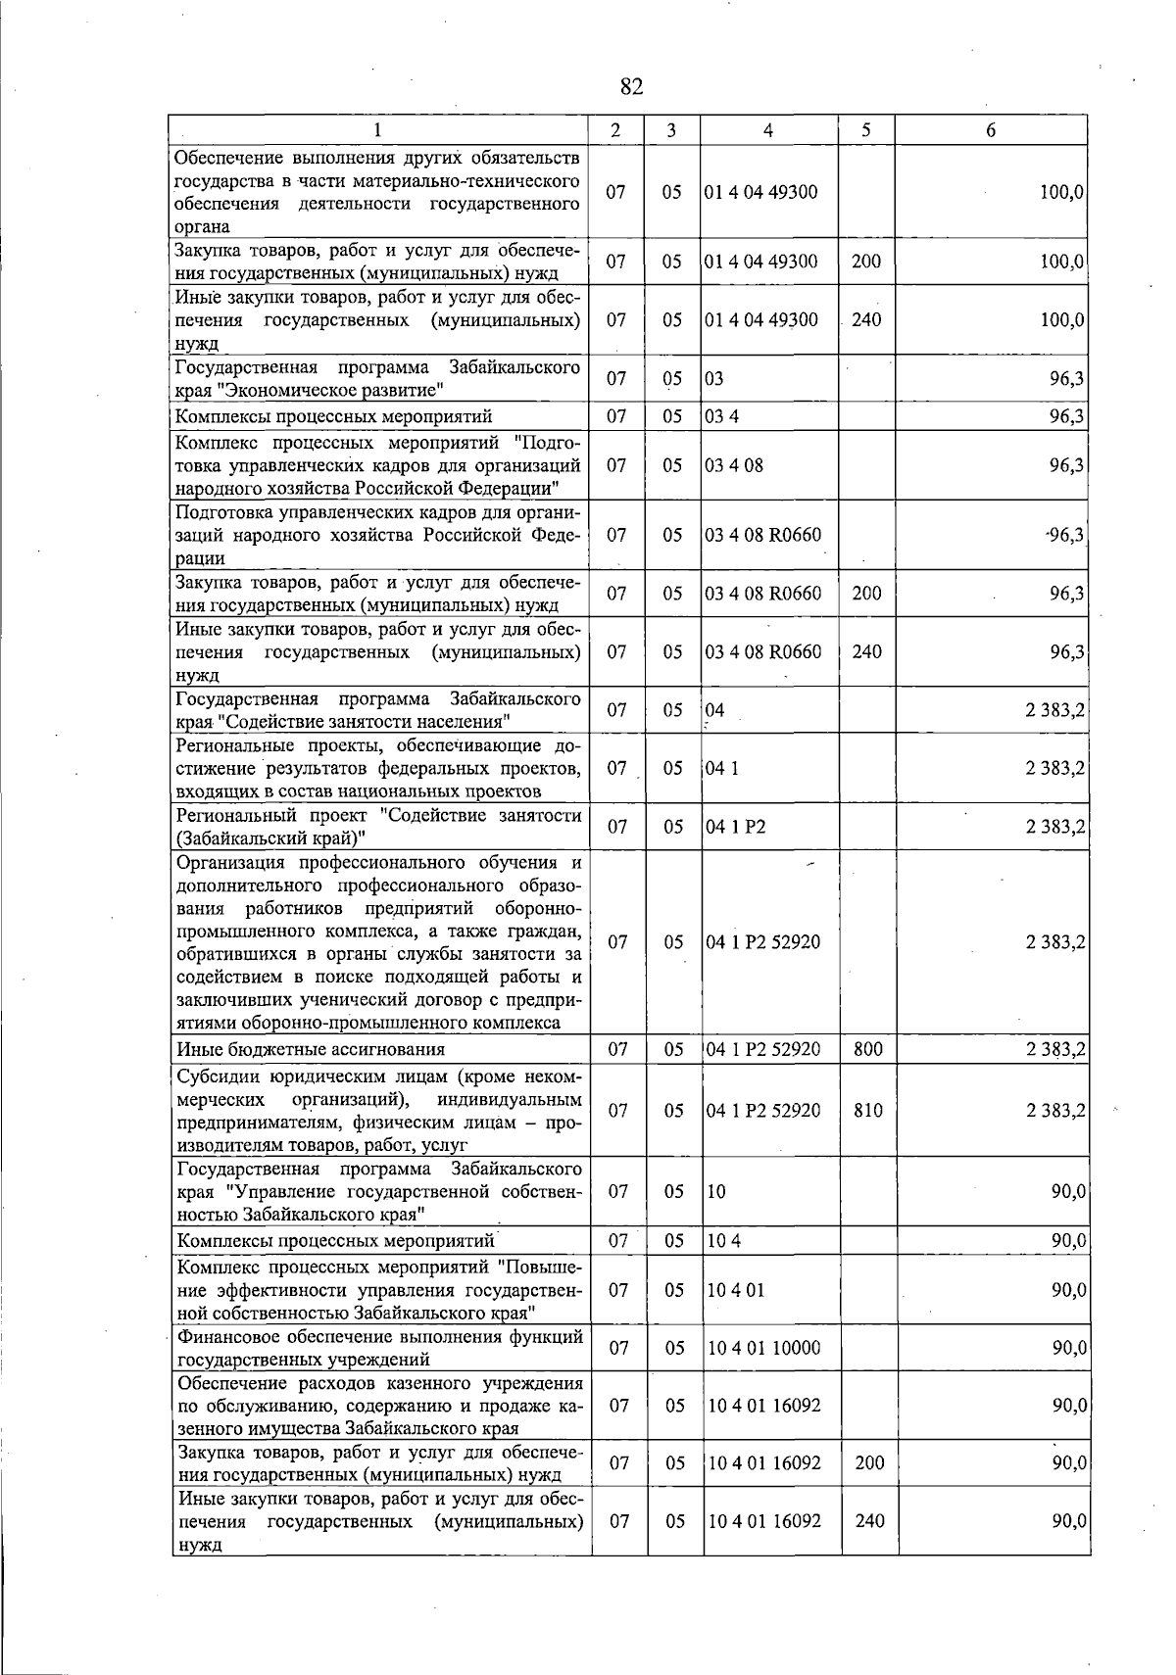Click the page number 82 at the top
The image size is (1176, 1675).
point(632,87)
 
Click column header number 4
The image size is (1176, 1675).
point(768,130)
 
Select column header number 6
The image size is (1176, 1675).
point(992,130)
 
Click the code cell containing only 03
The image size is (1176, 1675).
point(714,379)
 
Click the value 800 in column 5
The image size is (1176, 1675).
point(868,1050)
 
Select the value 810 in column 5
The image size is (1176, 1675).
point(868,1111)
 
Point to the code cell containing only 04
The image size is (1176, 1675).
point(715,710)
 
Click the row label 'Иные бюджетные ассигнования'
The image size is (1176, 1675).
point(311,1050)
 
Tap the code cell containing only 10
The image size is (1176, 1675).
point(716,1192)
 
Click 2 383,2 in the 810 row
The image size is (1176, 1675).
point(1054,1111)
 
